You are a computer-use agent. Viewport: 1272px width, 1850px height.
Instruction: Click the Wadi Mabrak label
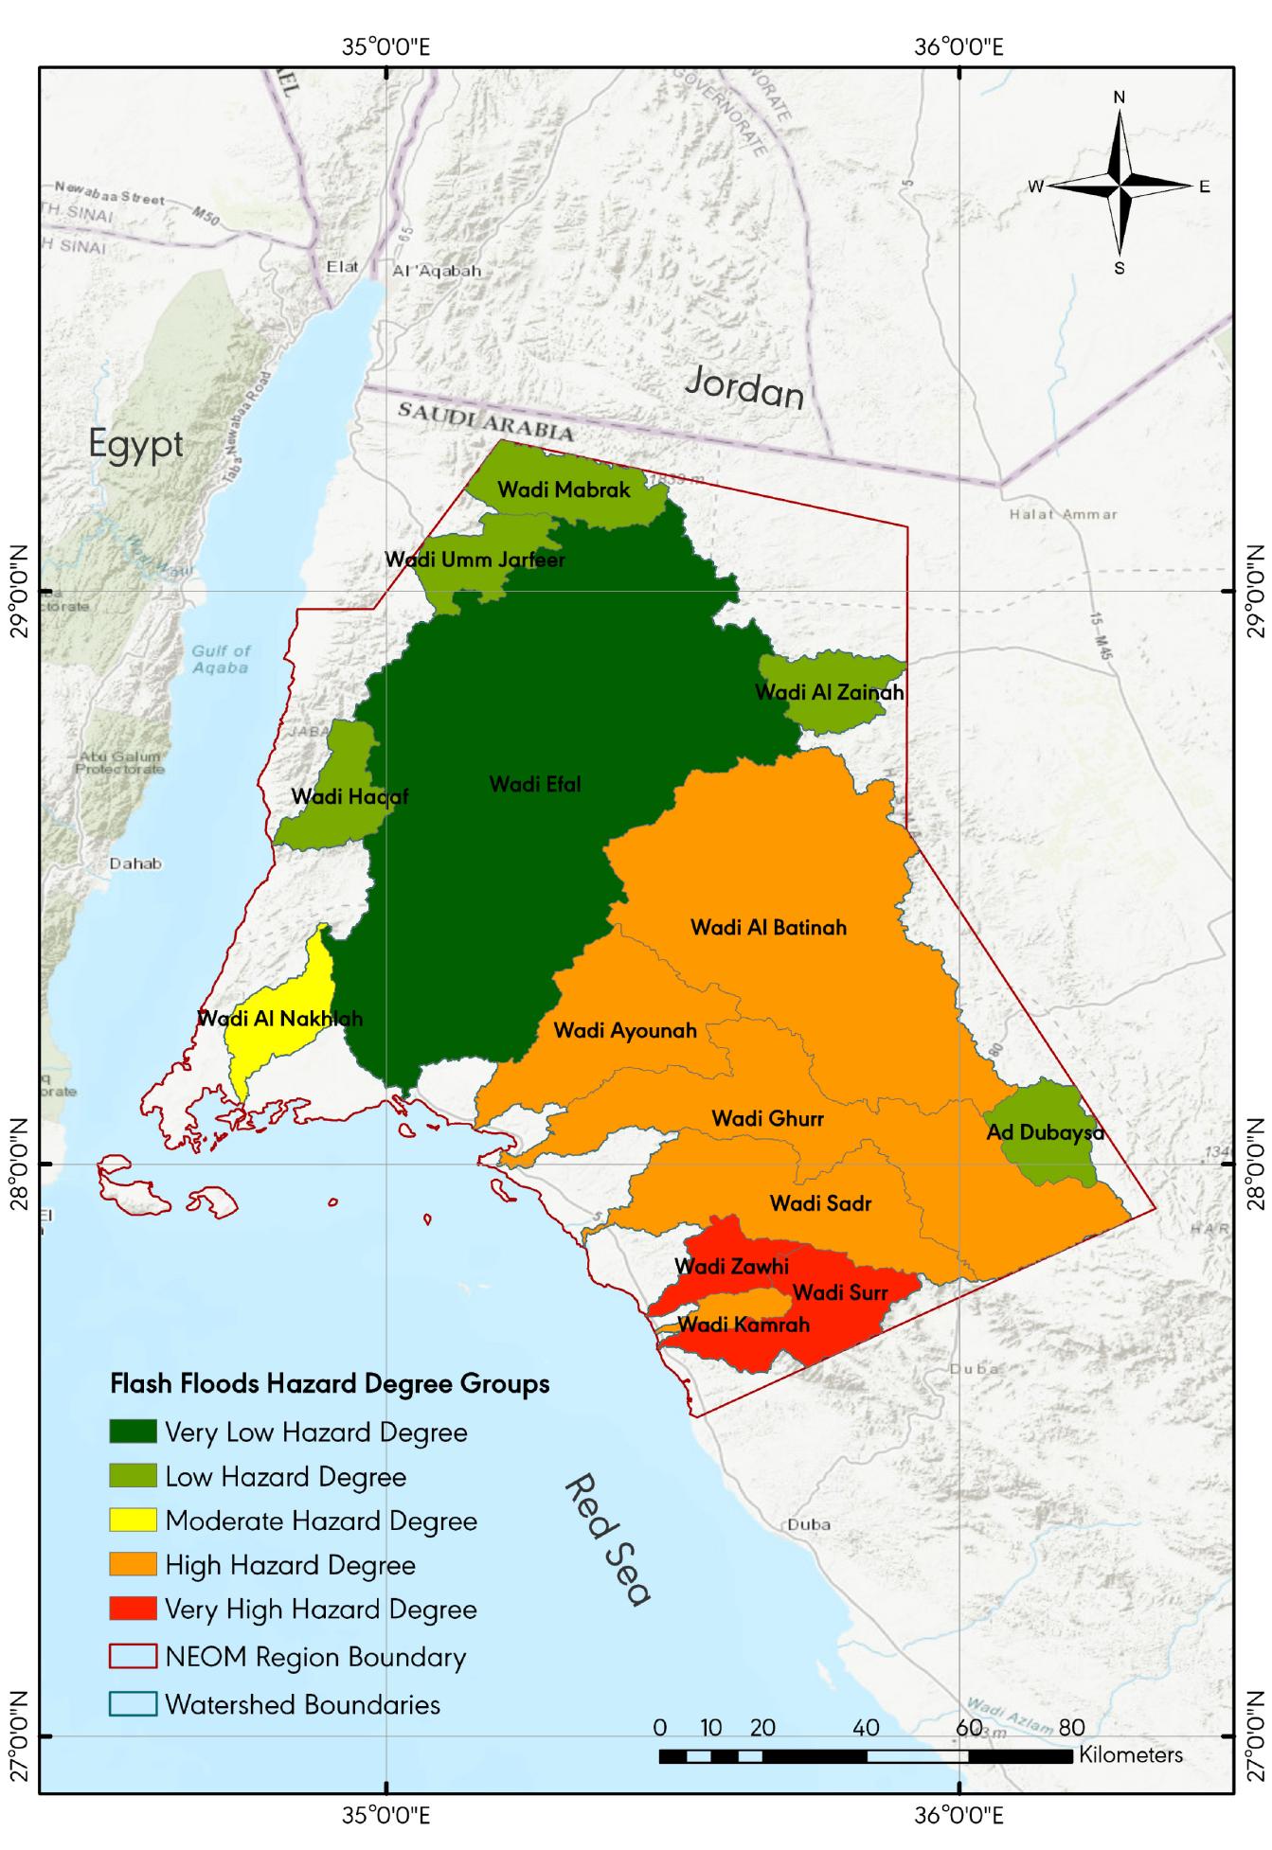(x=564, y=489)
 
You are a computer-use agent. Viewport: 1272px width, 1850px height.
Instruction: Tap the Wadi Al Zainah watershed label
(x=829, y=692)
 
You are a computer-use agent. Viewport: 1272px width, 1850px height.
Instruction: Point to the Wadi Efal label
(x=535, y=784)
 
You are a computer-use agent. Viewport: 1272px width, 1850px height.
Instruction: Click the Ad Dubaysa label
(x=1045, y=1132)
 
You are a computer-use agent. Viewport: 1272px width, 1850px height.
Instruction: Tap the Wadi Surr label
(x=840, y=1291)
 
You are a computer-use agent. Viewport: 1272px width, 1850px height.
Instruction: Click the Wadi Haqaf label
(x=349, y=796)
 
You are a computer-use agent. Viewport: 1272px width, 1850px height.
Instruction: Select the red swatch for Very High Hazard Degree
(x=133, y=1610)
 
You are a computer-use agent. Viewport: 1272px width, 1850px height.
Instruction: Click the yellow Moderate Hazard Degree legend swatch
(x=133, y=1521)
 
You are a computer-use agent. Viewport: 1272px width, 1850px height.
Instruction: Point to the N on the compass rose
(x=1120, y=98)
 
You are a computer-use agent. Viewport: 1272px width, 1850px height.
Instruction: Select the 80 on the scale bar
(x=1071, y=1728)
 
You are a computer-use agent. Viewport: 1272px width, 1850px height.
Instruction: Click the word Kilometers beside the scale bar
(x=1131, y=1754)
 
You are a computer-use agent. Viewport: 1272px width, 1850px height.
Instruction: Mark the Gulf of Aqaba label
(x=221, y=659)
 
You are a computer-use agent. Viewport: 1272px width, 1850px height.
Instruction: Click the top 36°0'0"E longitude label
(x=958, y=46)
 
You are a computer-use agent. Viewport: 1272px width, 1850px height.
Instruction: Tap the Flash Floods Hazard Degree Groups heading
(x=330, y=1383)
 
